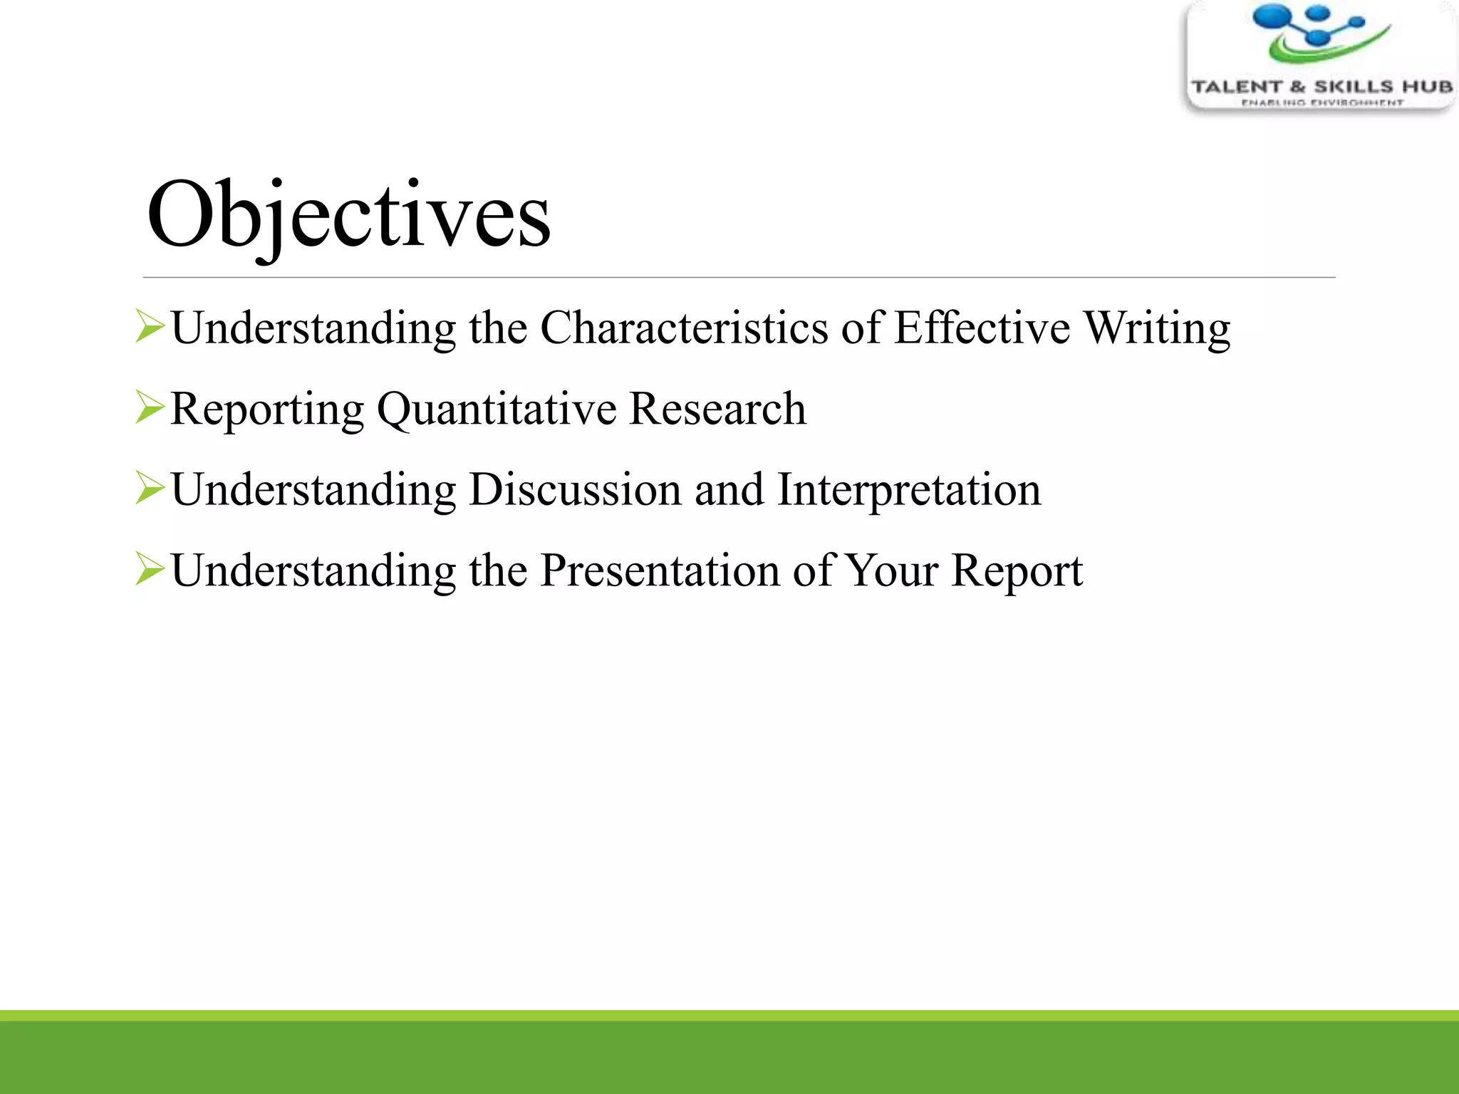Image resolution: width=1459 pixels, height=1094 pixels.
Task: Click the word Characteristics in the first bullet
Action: [684, 328]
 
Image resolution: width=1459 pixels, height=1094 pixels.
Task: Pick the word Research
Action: [718, 410]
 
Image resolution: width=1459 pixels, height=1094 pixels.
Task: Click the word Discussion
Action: [575, 490]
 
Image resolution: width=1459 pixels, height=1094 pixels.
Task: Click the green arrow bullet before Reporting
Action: [150, 408]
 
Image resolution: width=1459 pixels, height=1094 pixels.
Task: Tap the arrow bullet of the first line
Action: [150, 327]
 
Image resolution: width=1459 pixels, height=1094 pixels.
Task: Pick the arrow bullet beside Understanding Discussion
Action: [150, 489]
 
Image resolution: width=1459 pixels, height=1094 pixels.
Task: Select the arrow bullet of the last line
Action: [150, 570]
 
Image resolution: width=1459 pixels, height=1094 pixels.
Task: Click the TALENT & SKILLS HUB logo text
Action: [1322, 87]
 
